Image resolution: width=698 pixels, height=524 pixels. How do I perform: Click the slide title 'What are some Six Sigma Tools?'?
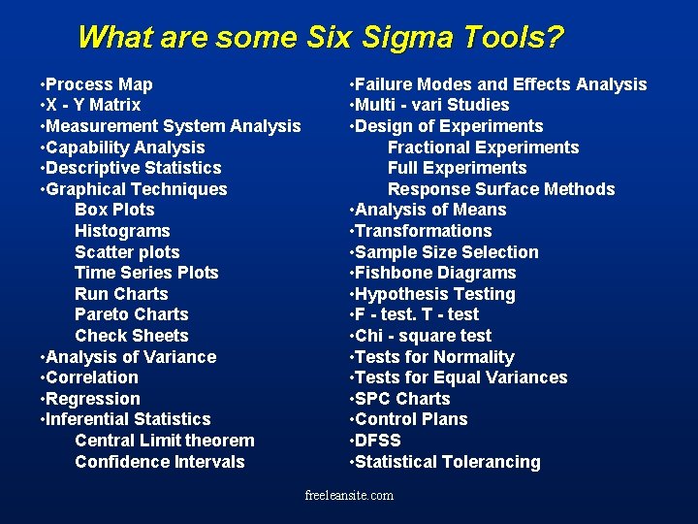pyautogui.click(x=320, y=37)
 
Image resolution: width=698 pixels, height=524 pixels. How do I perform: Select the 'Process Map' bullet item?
pyautogui.click(x=98, y=84)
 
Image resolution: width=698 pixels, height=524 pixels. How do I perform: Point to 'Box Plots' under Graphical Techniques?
pyautogui.click(x=114, y=210)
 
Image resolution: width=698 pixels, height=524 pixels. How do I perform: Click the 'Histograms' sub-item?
pyautogui.click(x=122, y=231)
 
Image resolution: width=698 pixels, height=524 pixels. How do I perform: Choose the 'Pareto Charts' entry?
pyautogui.click(x=131, y=314)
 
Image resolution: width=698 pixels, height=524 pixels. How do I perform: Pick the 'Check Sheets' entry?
pyautogui.click(x=131, y=336)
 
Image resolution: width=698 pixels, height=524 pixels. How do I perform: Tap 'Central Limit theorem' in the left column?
pyautogui.click(x=164, y=441)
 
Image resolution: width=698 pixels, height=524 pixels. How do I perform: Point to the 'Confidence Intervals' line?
pyautogui.click(x=159, y=462)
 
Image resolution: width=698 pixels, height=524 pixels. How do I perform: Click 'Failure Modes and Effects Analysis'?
pyautogui.click(x=500, y=84)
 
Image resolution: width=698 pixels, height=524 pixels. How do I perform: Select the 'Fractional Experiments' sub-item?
pyautogui.click(x=483, y=147)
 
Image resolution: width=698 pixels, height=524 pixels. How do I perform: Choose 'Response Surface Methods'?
pyautogui.click(x=501, y=189)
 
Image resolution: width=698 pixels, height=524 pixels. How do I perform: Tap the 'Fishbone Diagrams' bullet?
pyautogui.click(x=434, y=273)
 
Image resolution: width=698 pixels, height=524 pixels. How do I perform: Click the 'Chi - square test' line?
pyautogui.click(x=423, y=336)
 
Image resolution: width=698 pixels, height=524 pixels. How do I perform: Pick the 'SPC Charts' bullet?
pyautogui.click(x=402, y=399)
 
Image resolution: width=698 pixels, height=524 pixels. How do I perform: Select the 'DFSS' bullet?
pyautogui.click(x=377, y=441)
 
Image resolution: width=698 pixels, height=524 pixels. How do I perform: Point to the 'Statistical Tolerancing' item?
pyautogui.click(x=447, y=462)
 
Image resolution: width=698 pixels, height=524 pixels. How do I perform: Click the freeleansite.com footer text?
pyautogui.click(x=349, y=496)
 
